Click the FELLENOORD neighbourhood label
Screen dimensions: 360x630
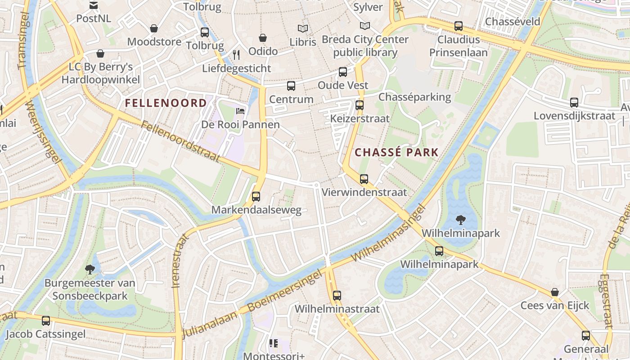(x=166, y=103)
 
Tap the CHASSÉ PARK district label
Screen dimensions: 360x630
(x=396, y=152)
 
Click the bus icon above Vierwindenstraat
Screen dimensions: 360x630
(x=364, y=179)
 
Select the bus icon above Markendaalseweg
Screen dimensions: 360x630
(x=256, y=197)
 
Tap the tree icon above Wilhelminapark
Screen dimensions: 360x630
(x=460, y=220)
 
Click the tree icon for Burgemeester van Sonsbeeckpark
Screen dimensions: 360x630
(x=90, y=270)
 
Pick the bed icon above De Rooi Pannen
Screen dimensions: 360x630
(x=240, y=111)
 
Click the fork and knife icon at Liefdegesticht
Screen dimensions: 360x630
(x=236, y=55)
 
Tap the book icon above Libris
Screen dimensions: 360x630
(x=303, y=28)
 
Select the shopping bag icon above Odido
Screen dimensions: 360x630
(x=263, y=38)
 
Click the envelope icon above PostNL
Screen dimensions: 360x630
(x=94, y=5)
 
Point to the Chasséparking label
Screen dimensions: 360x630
(x=414, y=97)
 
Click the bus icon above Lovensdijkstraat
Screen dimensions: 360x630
(x=574, y=103)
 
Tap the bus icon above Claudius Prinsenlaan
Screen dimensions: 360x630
(x=459, y=26)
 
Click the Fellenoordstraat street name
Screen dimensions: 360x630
(x=180, y=141)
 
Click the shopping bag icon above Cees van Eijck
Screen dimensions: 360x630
(x=555, y=292)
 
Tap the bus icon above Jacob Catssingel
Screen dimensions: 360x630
(x=46, y=321)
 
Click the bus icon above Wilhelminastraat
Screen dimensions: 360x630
(x=337, y=296)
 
